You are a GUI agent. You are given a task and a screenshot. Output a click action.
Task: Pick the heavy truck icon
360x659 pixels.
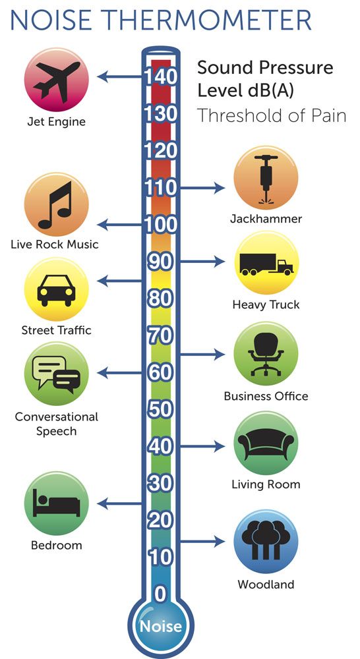click(266, 264)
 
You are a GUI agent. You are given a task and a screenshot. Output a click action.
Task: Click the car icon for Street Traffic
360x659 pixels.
click(56, 291)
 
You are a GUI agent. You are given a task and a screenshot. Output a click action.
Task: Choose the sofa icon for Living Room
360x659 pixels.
click(266, 444)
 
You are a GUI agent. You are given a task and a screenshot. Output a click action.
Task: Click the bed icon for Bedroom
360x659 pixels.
click(56, 505)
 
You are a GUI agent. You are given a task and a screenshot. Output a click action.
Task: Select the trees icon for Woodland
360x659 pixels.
click(266, 539)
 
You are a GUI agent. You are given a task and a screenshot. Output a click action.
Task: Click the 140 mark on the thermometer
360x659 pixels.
click(161, 77)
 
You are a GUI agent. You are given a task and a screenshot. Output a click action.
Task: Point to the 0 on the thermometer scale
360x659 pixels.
click(161, 594)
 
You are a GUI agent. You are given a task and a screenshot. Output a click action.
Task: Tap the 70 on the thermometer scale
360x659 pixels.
click(161, 335)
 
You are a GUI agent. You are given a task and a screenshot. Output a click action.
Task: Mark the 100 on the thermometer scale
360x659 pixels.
click(161, 225)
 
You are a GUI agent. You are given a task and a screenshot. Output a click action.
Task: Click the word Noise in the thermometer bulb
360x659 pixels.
click(161, 626)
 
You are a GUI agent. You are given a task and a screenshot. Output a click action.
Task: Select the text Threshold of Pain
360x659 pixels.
click(272, 115)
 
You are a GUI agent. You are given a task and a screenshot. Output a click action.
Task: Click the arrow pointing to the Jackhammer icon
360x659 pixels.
click(202, 188)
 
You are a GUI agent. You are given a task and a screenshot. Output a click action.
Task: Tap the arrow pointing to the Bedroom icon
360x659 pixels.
click(119, 503)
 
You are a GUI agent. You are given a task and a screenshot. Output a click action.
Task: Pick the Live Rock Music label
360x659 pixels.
click(55, 244)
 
